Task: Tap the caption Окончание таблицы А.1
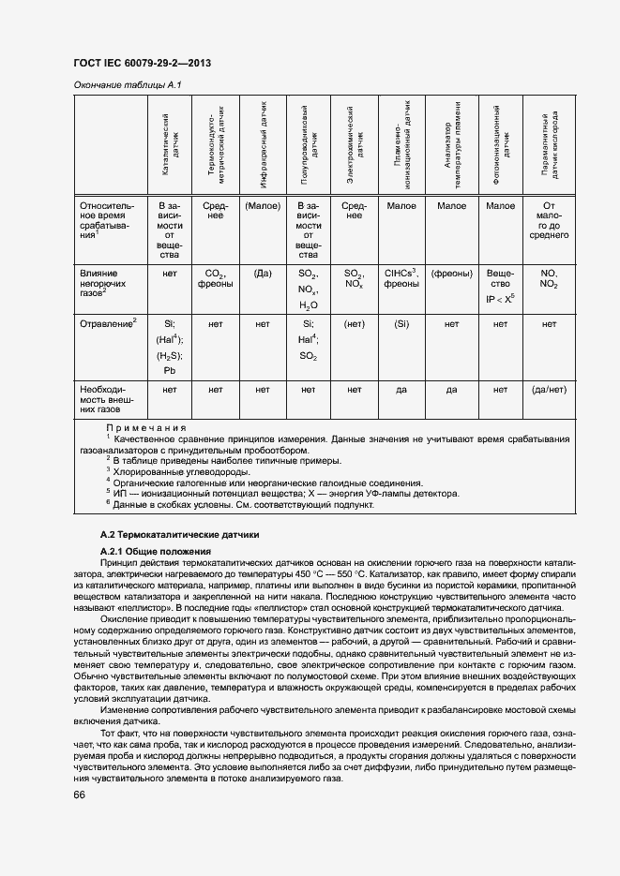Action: pos(127,86)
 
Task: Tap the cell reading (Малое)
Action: pos(263,205)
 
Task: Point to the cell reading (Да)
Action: pos(263,273)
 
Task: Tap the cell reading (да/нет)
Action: pos(549,388)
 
